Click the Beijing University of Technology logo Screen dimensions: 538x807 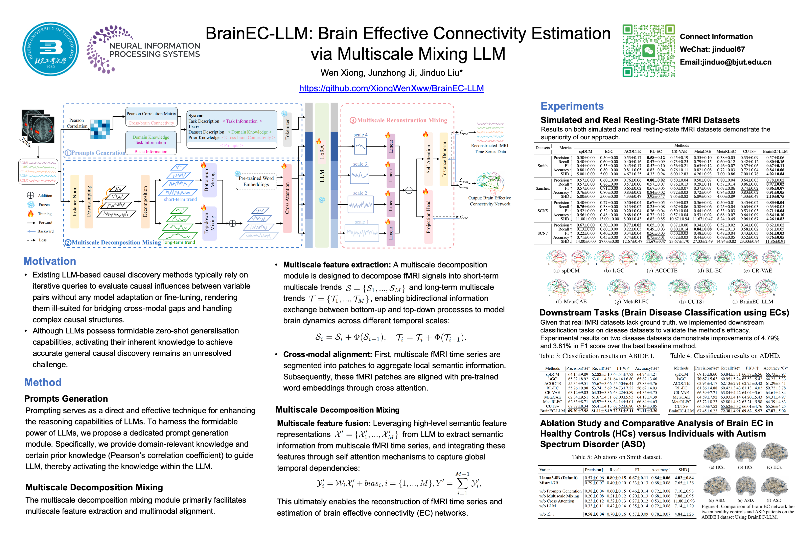click(x=50, y=49)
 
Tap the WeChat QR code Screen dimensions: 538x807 click(x=648, y=50)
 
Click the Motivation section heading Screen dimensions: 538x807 click(x=50, y=261)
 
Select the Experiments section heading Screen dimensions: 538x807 click(x=572, y=106)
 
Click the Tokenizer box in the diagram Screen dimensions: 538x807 click(x=287, y=129)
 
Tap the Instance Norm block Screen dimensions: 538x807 click(x=74, y=201)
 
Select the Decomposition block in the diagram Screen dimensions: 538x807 click(x=145, y=201)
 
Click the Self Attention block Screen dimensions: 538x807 click(x=428, y=159)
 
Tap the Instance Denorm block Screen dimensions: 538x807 click(x=444, y=159)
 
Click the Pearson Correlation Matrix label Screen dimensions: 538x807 click(x=151, y=114)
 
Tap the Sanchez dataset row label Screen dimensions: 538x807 click(x=543, y=188)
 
